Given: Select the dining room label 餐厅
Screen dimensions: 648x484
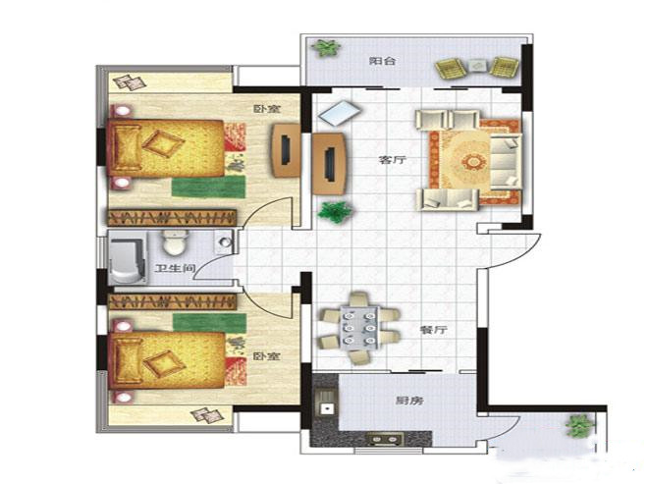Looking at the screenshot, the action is click(433, 330).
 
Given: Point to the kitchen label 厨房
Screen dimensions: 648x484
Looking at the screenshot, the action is click(409, 401).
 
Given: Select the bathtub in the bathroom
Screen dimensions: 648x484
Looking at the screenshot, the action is click(128, 257).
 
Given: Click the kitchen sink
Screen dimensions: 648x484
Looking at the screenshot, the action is click(326, 403).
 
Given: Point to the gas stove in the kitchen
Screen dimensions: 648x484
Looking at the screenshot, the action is click(386, 438).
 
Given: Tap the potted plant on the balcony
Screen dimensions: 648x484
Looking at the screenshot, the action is click(327, 48).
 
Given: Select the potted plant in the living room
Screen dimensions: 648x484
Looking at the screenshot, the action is click(336, 212).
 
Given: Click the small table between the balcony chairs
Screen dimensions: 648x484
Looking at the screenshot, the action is click(478, 66).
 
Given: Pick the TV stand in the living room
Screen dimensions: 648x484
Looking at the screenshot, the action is click(329, 164).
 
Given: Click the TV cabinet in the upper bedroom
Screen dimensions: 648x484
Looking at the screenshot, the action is click(286, 150).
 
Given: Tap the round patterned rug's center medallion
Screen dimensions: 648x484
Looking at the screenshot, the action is click(472, 161).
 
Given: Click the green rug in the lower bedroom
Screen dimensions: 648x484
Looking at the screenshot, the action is click(209, 322).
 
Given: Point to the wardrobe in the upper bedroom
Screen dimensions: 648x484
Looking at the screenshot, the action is click(172, 217).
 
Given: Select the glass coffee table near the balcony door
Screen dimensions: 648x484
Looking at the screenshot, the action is click(340, 113).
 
